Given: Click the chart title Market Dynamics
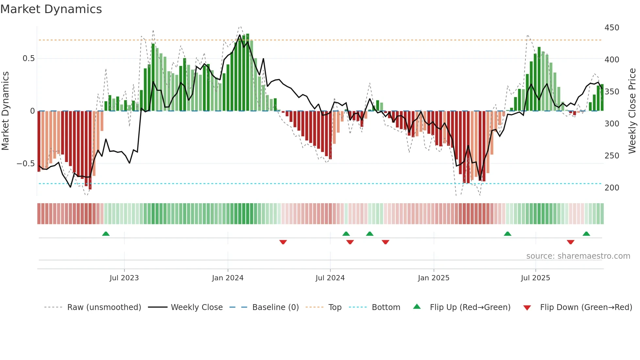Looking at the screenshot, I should [51, 9].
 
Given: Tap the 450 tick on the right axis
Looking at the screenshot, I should [612, 28].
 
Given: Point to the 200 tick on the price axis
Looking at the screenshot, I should [612, 188].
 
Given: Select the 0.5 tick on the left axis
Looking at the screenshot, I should [29, 58].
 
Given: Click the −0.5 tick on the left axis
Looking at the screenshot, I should [26, 164].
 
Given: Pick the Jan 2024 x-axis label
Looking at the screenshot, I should [228, 278].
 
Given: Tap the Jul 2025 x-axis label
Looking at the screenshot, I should [535, 278].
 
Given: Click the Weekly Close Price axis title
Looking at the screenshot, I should [632, 111].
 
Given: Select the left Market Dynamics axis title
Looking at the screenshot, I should [5, 111].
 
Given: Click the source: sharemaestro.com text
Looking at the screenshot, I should [578, 256].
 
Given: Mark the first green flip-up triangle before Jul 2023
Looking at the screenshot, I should [106, 234].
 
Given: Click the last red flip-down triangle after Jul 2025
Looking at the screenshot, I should [570, 242].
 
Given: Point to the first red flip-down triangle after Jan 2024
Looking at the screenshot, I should [283, 242].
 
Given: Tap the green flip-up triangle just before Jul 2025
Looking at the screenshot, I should [507, 234].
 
